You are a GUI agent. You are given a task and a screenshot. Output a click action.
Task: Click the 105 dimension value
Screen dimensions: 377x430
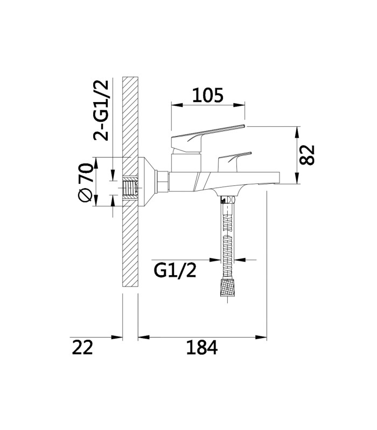208,95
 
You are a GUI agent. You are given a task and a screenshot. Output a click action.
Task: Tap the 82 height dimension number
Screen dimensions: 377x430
306,155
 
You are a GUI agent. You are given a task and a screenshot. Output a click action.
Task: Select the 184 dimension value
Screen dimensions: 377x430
202,347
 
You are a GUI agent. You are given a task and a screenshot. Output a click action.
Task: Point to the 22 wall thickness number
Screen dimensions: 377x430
82,347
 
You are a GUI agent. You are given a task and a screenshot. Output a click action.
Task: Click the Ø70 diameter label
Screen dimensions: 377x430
85,183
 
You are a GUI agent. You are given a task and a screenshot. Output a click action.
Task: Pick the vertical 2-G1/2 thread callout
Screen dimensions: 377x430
101,111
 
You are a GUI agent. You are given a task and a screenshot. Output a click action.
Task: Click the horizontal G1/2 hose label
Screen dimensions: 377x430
175,270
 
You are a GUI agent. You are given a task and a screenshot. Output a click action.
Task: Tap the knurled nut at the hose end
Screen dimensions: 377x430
227,288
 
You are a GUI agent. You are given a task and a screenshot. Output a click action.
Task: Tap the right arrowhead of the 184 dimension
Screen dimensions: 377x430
261,337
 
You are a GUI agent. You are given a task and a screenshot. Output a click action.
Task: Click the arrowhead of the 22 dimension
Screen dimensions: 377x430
116,337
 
